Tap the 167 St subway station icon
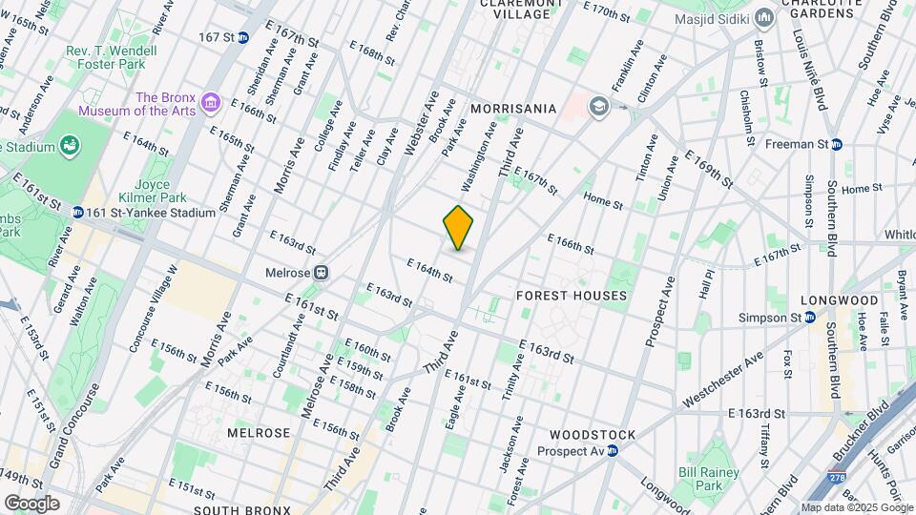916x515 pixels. pos(243,37)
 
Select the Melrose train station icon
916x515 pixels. pos(323,273)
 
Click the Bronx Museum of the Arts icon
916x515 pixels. pos(212,103)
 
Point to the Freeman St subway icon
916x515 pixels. pos(836,145)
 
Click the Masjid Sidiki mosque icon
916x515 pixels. pos(763,19)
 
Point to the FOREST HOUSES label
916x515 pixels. pos(572,296)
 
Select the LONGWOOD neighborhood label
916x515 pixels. pos(825,300)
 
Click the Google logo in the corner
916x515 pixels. pos(31,503)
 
